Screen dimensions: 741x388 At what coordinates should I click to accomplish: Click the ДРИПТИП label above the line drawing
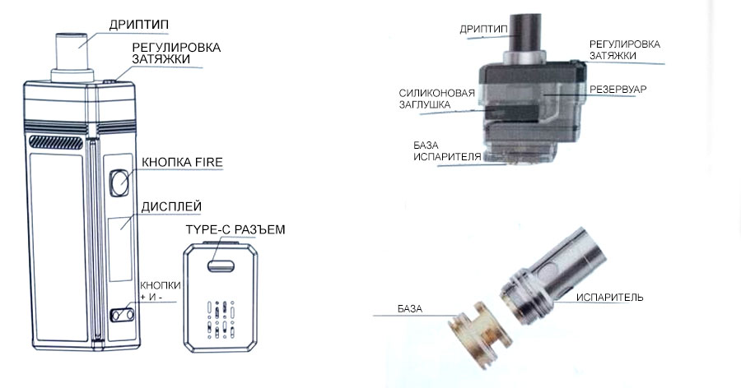pyautogui.click(x=138, y=25)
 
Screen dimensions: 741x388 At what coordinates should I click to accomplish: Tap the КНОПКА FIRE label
pyautogui.click(x=182, y=163)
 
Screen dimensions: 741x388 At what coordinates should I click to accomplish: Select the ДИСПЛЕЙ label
pyautogui.click(x=171, y=207)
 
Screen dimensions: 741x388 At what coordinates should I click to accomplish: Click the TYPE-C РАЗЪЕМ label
pyautogui.click(x=235, y=229)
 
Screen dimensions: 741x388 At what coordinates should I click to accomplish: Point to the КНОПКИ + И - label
pyautogui.click(x=161, y=291)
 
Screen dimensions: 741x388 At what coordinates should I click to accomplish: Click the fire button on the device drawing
pyautogui.click(x=120, y=182)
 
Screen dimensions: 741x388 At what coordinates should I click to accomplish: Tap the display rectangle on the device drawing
pyautogui.click(x=120, y=249)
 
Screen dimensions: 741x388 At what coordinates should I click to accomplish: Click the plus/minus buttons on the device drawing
pyautogui.click(x=123, y=315)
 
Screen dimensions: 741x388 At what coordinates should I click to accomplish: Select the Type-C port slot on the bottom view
pyautogui.click(x=221, y=266)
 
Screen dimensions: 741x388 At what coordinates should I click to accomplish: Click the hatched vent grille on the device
pyautogui.click(x=56, y=142)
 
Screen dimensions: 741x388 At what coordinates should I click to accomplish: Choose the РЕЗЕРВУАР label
pyautogui.click(x=617, y=90)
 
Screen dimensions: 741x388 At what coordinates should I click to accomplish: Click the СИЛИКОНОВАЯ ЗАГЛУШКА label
pyautogui.click(x=436, y=99)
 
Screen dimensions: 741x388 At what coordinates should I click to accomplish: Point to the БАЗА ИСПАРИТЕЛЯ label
pyautogui.click(x=446, y=150)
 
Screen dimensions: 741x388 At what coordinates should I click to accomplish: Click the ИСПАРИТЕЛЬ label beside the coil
pyautogui.click(x=609, y=298)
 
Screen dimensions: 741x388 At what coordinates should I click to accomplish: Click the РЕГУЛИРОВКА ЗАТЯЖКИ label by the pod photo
pyautogui.click(x=624, y=49)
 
